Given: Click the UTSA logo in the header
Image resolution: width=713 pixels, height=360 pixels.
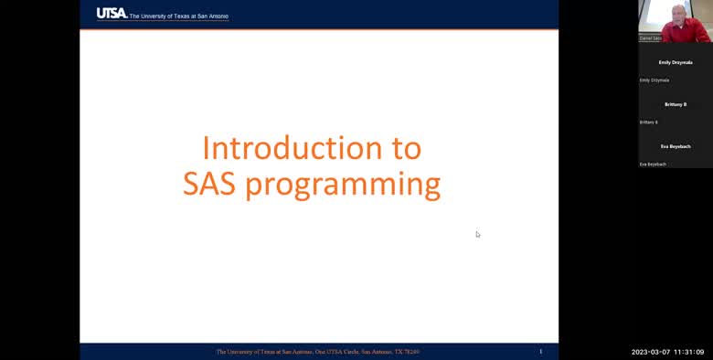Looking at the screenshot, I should (112, 14).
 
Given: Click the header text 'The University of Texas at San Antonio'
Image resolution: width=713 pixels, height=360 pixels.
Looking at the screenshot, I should (179, 16).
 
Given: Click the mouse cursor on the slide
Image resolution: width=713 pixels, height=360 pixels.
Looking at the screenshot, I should (477, 234).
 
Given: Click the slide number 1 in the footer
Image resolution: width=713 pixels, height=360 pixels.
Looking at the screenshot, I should (540, 351).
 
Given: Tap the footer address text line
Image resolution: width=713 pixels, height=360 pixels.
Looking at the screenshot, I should (317, 351).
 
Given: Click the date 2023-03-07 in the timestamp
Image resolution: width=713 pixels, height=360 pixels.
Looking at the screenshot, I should (651, 352).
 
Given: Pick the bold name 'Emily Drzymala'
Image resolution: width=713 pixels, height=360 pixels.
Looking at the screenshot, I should (676, 62).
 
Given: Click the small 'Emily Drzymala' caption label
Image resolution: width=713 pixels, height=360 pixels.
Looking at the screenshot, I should (654, 80).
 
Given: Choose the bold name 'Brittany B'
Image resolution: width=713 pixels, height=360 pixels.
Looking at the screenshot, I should (676, 104).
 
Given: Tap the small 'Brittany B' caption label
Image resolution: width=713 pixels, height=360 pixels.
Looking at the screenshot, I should (649, 122).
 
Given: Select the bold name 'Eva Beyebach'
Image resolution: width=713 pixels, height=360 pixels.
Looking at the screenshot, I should (676, 146).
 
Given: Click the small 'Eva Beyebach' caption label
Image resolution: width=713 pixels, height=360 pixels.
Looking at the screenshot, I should (653, 164).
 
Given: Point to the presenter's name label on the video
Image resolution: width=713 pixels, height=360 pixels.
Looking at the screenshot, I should (650, 38).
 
